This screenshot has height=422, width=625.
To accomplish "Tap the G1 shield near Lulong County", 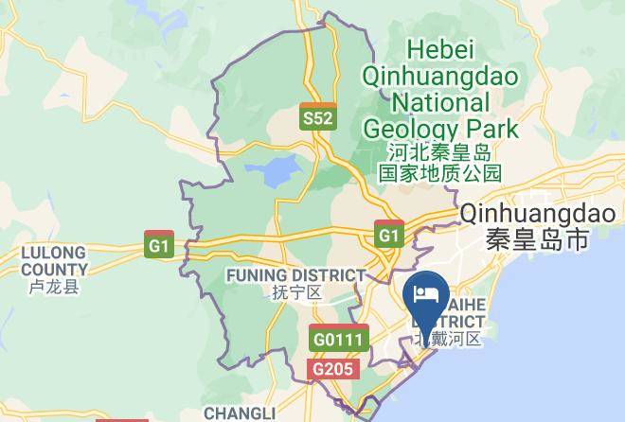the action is (x=159, y=243).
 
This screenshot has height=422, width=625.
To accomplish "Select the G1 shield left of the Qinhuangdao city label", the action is (x=387, y=234).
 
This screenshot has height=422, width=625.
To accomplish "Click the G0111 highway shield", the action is (x=338, y=337).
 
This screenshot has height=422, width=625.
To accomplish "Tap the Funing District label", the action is (x=295, y=274).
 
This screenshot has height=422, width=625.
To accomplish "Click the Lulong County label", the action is (x=53, y=261).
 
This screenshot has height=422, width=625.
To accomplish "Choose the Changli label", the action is (x=239, y=413).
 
